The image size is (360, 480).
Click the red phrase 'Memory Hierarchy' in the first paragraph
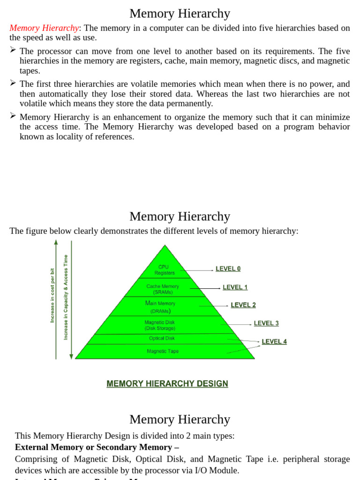[44, 28]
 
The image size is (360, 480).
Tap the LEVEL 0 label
[228, 269]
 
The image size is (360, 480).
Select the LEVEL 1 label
[235, 287]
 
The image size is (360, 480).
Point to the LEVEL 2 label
[243, 305]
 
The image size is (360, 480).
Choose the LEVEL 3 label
[266, 323]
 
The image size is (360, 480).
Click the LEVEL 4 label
[274, 342]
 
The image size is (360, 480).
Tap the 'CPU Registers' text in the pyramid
[165, 270]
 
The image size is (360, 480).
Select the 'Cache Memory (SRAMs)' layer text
[163, 289]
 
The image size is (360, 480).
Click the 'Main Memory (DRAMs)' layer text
[160, 307]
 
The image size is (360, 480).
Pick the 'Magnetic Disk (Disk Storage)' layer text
[160, 325]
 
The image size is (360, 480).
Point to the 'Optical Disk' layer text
[162, 338]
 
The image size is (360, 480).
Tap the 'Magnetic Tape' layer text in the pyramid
[163, 351]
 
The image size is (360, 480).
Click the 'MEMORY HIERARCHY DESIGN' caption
[167, 384]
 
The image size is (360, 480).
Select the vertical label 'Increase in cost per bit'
[52, 295]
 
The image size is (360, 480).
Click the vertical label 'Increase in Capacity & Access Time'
[66, 297]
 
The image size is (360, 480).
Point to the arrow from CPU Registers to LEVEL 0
[196, 270]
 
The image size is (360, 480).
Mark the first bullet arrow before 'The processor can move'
[13, 50]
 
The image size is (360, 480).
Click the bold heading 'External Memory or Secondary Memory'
[97, 447]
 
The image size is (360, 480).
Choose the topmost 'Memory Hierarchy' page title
[180, 14]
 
